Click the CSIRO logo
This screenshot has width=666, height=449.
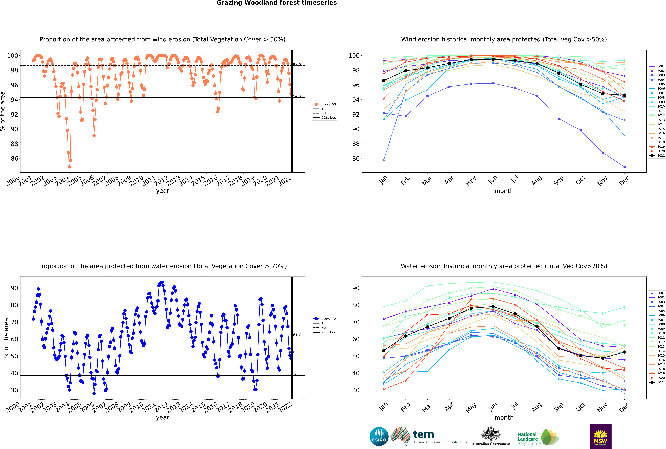point(379,436)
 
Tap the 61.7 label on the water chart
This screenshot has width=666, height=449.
point(297,335)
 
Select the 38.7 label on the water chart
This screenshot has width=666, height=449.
point(297,374)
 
